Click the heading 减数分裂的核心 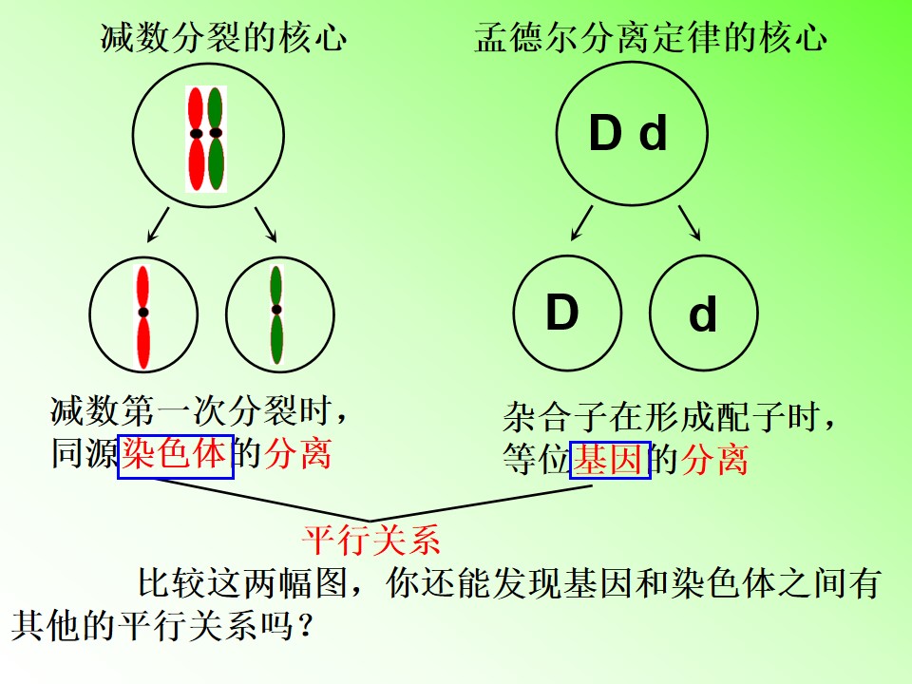(x=224, y=38)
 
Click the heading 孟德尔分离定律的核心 (x=650, y=38)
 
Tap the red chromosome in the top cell (x=196, y=139)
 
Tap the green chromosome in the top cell (x=216, y=139)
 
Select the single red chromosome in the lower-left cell (x=143, y=316)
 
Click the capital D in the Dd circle (x=605, y=133)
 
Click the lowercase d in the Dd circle (x=653, y=133)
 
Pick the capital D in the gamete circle (x=561, y=313)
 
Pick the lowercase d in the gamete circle (x=703, y=313)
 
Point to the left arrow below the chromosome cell (x=159, y=224)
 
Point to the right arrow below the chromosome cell (x=265, y=224)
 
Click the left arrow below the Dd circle (x=581, y=222)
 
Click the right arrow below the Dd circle (x=690, y=222)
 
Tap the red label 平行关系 (x=371, y=540)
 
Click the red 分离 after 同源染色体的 (x=297, y=454)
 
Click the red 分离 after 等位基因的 (x=714, y=460)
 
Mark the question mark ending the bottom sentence (x=304, y=627)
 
